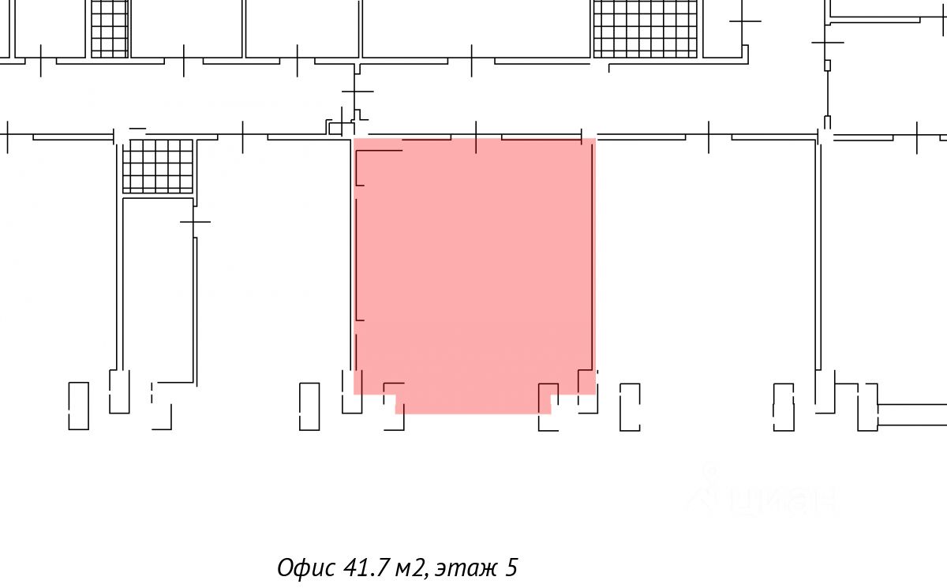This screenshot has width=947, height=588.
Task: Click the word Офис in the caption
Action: tap(306, 567)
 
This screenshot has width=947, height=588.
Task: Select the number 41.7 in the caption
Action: tap(366, 567)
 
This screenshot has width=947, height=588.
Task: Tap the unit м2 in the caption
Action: tap(410, 568)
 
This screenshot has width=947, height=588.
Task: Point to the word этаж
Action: tap(466, 569)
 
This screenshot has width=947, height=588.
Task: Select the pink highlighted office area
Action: tap(474, 271)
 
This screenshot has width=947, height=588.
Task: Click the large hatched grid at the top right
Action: tap(646, 28)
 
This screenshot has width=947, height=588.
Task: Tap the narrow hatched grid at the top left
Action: tap(110, 28)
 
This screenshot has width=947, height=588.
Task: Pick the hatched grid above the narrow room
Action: tap(158, 166)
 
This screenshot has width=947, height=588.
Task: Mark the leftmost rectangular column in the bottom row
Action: tap(79, 406)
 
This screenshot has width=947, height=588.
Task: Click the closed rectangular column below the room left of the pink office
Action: tap(309, 406)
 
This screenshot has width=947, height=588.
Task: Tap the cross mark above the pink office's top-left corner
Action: tap(357, 92)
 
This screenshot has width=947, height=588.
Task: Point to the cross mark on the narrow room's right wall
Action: tap(195, 222)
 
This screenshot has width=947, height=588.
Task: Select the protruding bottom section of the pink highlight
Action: tap(473, 404)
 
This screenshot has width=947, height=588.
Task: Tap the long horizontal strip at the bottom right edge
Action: tap(912, 414)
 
